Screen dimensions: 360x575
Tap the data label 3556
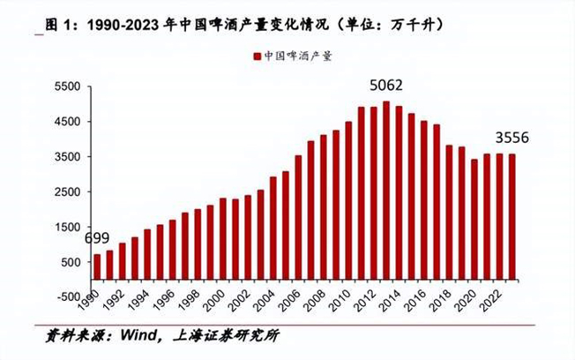[x=512, y=138]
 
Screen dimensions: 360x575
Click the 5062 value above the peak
[x=386, y=86]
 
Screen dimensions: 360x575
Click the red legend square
[x=255, y=56]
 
